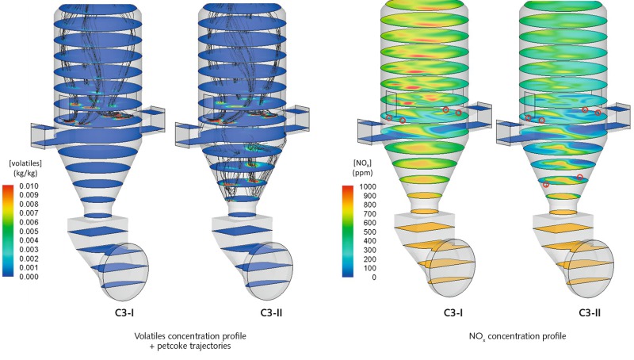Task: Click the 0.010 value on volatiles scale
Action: pyautogui.click(x=29, y=186)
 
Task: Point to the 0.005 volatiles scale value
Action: pyautogui.click(x=29, y=232)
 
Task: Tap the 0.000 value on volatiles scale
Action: pyautogui.click(x=29, y=277)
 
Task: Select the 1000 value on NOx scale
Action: pyautogui.click(x=368, y=186)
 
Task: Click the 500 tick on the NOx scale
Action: pyautogui.click(x=369, y=232)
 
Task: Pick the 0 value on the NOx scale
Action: pyautogui.click(x=374, y=278)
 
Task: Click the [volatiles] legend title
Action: pyautogui.click(x=25, y=163)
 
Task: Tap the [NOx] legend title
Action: pyautogui.click(x=362, y=163)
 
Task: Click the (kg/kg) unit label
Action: pyautogui.click(x=25, y=173)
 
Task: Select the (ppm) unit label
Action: pyautogui.click(x=362, y=173)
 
